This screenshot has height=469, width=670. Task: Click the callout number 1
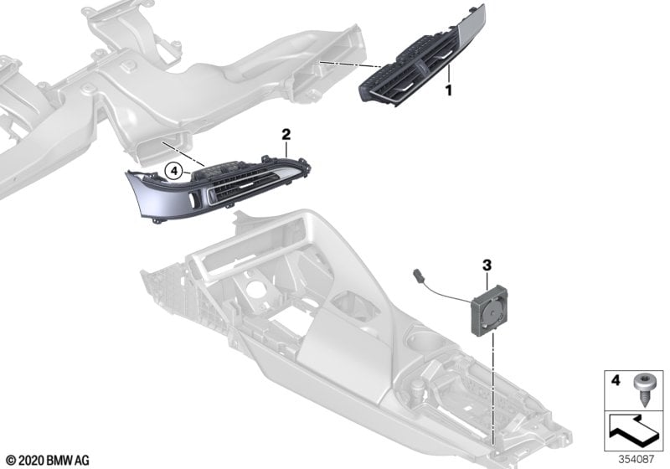coord(449,90)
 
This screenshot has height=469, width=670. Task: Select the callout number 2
coord(286,135)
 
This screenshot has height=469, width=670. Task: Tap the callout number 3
coord(487,265)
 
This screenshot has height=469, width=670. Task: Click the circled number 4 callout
coord(173,172)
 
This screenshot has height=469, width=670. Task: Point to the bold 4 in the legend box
coord(616,380)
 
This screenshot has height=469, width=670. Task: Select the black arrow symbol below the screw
coord(634,431)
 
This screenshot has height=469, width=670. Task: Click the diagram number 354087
coord(636,460)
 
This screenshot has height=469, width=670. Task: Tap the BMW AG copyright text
coord(48,461)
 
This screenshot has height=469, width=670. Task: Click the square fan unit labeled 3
coord(490,311)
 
